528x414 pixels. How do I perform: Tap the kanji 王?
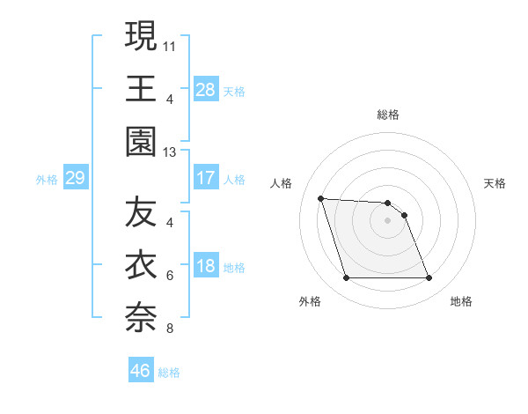(x=141, y=88)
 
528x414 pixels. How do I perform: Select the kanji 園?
(x=141, y=141)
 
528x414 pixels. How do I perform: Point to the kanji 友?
(x=141, y=212)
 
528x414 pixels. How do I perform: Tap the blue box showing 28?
(x=206, y=89)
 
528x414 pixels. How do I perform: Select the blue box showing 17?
(x=206, y=178)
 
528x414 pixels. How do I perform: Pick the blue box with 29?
(x=75, y=178)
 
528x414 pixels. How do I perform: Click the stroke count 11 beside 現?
(x=170, y=43)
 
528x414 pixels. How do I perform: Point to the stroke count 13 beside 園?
(x=170, y=152)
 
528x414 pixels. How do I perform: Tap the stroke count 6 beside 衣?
(x=170, y=276)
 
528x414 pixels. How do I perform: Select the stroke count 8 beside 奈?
(x=170, y=329)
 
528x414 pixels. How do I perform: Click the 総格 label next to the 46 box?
(x=169, y=373)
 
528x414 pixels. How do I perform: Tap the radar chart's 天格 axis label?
(x=495, y=183)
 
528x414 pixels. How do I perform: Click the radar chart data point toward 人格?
(x=321, y=198)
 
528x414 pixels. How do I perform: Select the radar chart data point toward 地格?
(x=429, y=278)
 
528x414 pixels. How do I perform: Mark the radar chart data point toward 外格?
(x=346, y=278)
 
